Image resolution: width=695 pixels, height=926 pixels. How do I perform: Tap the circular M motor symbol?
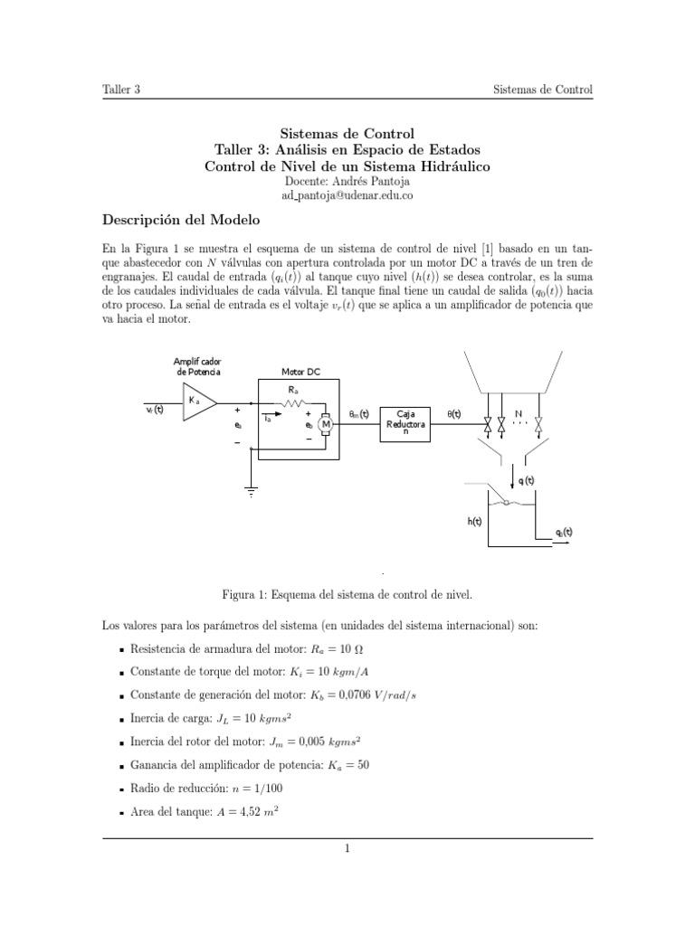(x=325, y=425)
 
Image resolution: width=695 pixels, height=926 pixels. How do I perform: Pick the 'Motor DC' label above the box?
(x=300, y=372)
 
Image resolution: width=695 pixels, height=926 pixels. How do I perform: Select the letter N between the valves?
(x=519, y=415)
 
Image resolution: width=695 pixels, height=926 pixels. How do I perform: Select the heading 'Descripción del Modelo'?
(x=181, y=221)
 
